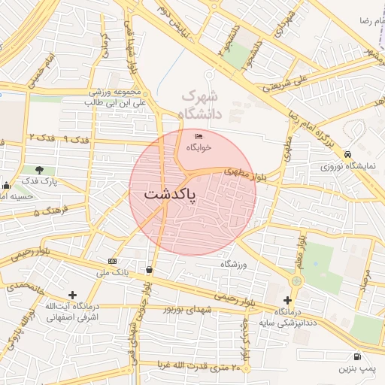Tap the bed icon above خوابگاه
click(199, 136)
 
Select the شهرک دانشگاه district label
click(200, 105)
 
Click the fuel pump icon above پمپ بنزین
click(356, 356)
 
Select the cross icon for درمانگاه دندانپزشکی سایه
click(287, 300)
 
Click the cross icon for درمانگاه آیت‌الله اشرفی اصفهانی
click(72, 295)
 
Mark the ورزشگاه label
click(235, 265)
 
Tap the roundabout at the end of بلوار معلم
click(296, 280)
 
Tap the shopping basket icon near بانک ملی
click(149, 269)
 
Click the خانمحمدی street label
click(27, 286)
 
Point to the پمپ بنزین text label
click(355, 369)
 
